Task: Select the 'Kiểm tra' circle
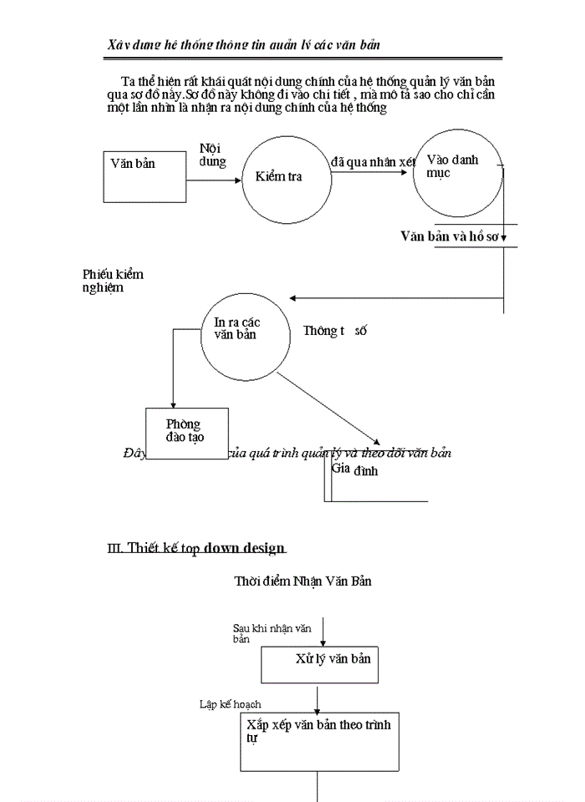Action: pos(278,176)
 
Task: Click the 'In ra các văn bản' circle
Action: pos(238,334)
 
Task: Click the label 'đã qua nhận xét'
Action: pos(373,162)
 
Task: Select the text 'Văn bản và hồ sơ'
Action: pos(450,236)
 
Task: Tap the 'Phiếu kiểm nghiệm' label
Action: pos(118,281)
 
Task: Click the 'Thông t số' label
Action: pos(335,331)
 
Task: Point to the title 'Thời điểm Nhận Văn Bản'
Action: pos(303,581)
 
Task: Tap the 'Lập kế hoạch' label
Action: pos(230,704)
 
